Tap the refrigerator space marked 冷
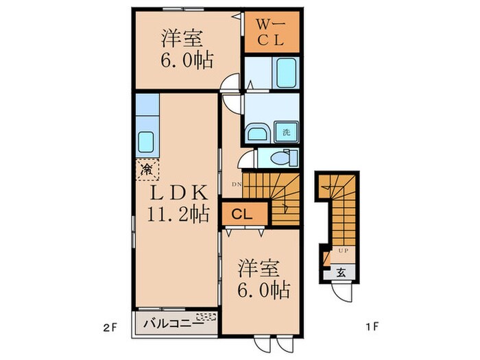coord(147,167)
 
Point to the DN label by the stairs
coord(235,184)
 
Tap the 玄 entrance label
coord(341,271)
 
